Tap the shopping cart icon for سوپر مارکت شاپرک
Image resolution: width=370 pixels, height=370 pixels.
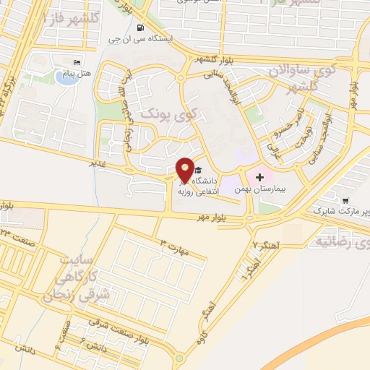click(345, 200)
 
